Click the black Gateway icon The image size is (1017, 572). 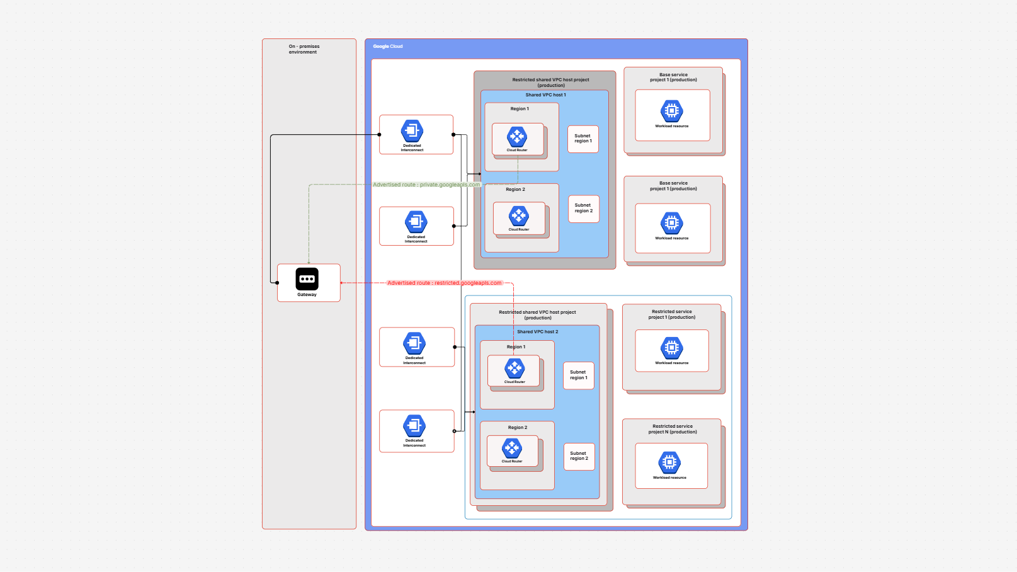pos(307,278)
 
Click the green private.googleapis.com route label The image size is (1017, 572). pos(426,185)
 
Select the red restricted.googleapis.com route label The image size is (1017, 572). pos(444,283)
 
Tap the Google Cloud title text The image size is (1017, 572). pos(387,46)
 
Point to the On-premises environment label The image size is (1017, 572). pos(304,49)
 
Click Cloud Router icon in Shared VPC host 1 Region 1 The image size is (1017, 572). pos(517,136)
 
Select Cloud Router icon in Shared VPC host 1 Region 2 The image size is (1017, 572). pos(519,215)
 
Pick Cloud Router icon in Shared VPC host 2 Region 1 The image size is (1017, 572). pos(514,368)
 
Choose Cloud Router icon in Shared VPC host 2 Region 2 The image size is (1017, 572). pos(512,448)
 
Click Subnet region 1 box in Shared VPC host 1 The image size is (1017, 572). pos(582,139)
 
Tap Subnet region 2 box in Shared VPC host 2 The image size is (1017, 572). pos(579,456)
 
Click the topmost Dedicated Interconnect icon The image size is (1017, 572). pos(412,131)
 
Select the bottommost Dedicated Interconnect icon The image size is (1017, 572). pos(414,426)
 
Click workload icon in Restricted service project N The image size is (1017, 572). pos(669,462)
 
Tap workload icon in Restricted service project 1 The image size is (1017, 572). pos(672,348)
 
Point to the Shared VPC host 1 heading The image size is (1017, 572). pos(545,95)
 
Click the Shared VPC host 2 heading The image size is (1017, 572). pos(537,331)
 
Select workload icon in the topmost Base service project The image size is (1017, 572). pos(672,111)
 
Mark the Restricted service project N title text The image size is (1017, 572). pos(673,429)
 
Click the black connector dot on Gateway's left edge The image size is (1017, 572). pos(277,283)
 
